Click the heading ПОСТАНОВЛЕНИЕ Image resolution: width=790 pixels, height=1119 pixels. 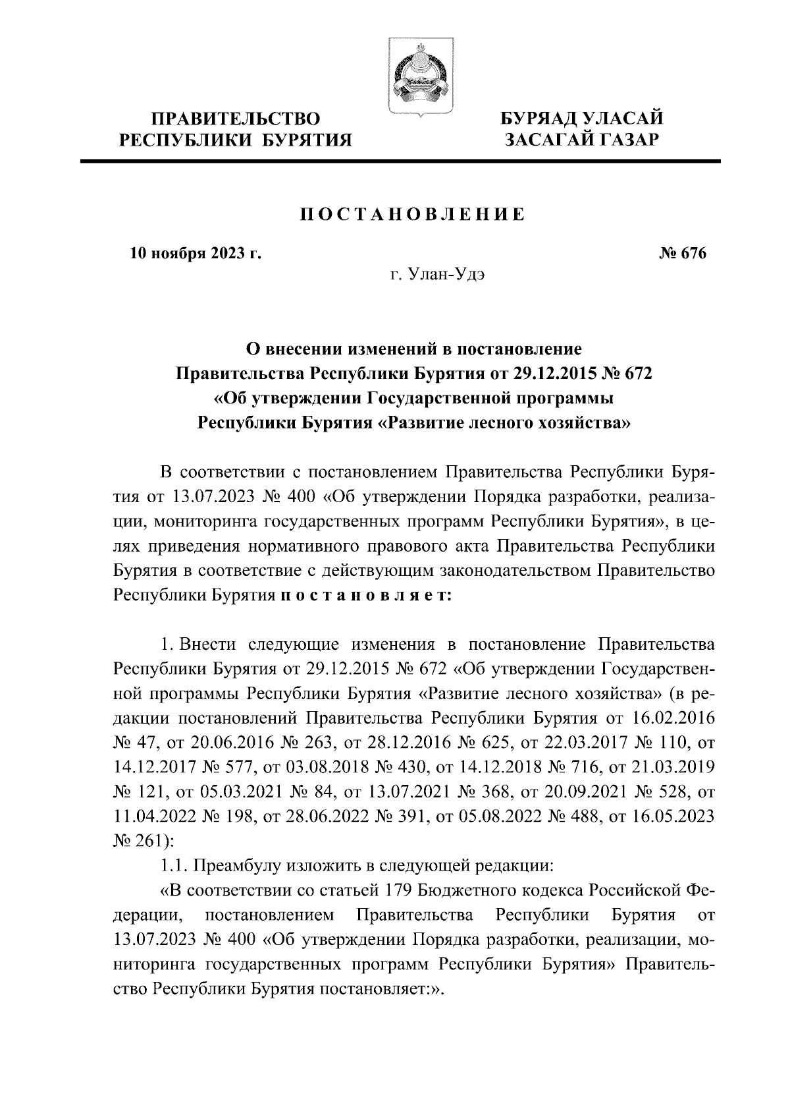pyautogui.click(x=412, y=215)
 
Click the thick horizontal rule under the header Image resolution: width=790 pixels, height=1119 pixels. pyautogui.click(x=401, y=160)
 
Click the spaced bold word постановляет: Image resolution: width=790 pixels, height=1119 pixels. pyautogui.click(x=366, y=594)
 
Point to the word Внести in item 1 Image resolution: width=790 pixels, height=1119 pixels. pyautogui.click(x=205, y=644)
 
